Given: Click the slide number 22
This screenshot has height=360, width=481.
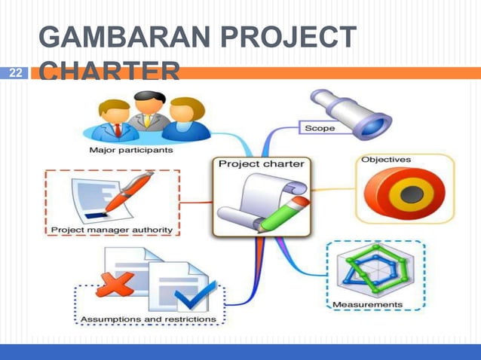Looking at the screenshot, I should coord(16,74).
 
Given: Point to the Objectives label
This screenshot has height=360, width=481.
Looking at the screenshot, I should coord(385,160).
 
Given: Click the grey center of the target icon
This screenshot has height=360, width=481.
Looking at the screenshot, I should coord(409,193).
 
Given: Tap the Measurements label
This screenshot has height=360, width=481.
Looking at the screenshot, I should coord(368,304).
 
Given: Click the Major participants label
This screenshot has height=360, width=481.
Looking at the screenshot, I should coord(130,150).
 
